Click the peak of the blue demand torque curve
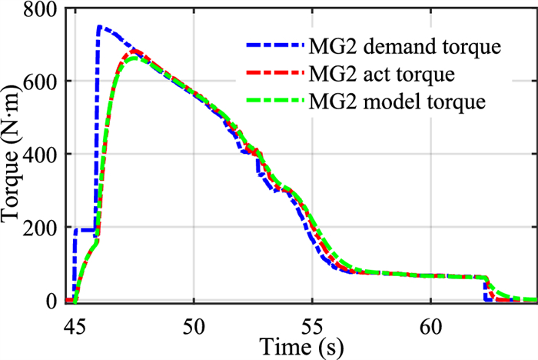click(100, 27)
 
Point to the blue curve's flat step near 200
click(85, 230)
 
